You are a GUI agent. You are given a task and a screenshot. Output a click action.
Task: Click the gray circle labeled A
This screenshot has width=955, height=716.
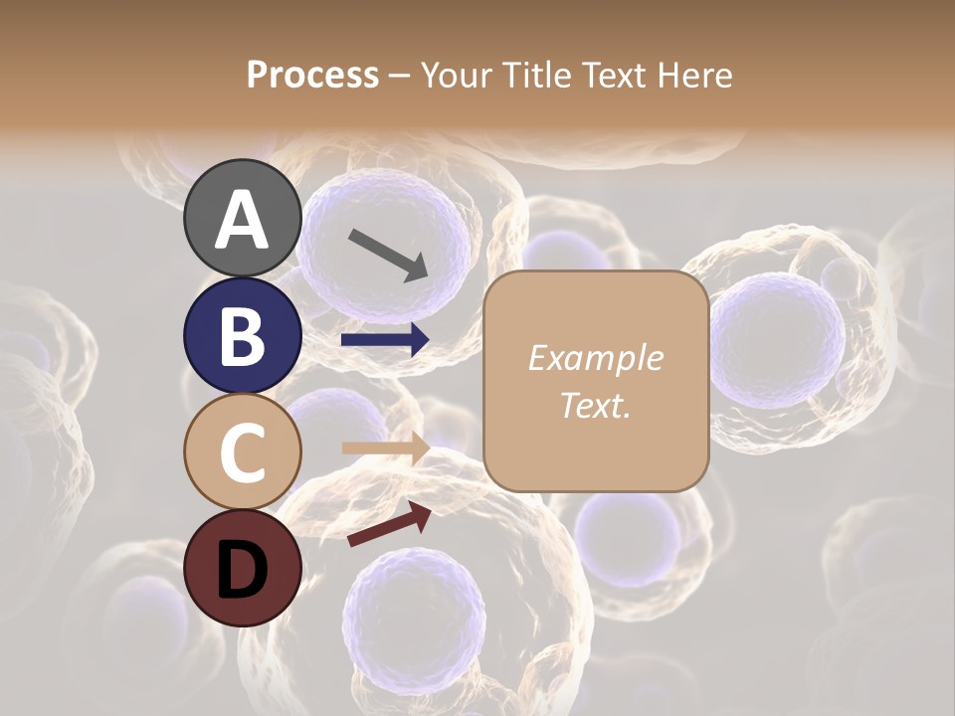[x=242, y=218]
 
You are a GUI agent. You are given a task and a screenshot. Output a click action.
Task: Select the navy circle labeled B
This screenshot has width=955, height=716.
[x=242, y=335]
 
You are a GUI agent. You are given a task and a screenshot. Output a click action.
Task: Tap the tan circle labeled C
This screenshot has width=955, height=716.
[x=242, y=451]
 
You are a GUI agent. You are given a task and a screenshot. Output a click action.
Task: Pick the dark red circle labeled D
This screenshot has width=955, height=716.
[x=242, y=568]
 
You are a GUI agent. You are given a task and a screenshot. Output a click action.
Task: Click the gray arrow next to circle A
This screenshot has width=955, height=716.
[x=388, y=255]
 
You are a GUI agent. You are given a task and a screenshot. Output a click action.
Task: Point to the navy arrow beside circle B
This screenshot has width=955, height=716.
[x=385, y=340]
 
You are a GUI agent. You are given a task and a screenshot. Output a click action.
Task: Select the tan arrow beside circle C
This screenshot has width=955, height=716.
[x=385, y=447]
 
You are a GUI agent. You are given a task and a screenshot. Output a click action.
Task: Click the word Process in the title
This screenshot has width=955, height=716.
[x=312, y=76]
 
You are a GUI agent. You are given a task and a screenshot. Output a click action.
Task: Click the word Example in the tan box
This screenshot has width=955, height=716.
[x=596, y=358]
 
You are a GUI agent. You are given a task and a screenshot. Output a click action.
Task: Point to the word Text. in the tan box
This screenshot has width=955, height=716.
[x=596, y=405]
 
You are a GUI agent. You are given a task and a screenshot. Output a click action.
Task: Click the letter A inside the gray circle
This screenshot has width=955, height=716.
[x=242, y=220]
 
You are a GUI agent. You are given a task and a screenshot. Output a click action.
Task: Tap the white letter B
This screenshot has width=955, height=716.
[x=242, y=336]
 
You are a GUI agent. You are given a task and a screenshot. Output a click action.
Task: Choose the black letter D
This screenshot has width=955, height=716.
[x=242, y=569]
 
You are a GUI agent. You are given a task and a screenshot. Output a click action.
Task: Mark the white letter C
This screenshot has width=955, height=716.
[x=242, y=452]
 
